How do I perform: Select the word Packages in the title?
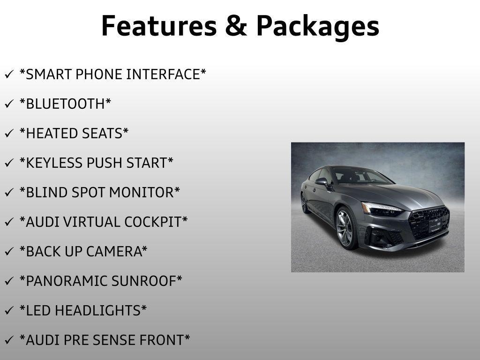[317, 27]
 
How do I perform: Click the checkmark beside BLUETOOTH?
[9, 105]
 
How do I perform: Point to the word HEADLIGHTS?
[105, 311]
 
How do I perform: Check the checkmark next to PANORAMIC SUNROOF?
[9, 282]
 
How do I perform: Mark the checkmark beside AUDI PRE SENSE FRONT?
[9, 341]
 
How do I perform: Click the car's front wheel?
[346, 228]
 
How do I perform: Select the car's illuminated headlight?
[380, 209]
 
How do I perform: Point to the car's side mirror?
[322, 181]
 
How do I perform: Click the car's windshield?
[359, 175]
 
